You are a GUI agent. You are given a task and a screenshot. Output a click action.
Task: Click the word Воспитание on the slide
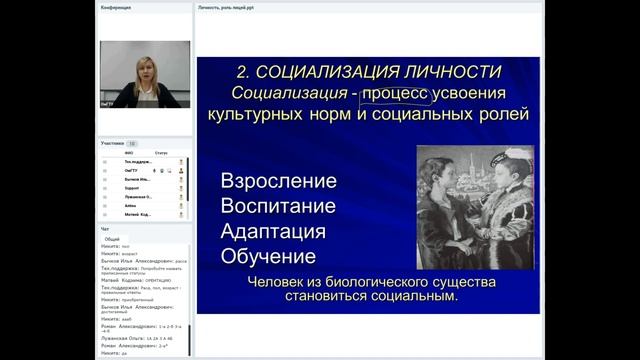point(278,207)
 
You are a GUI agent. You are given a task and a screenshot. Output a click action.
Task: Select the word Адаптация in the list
point(273,231)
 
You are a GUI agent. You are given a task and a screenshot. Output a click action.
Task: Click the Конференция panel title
point(117,7)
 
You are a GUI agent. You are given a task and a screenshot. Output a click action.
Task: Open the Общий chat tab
point(112,239)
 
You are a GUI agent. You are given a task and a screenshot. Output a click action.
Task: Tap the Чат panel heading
point(105,228)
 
